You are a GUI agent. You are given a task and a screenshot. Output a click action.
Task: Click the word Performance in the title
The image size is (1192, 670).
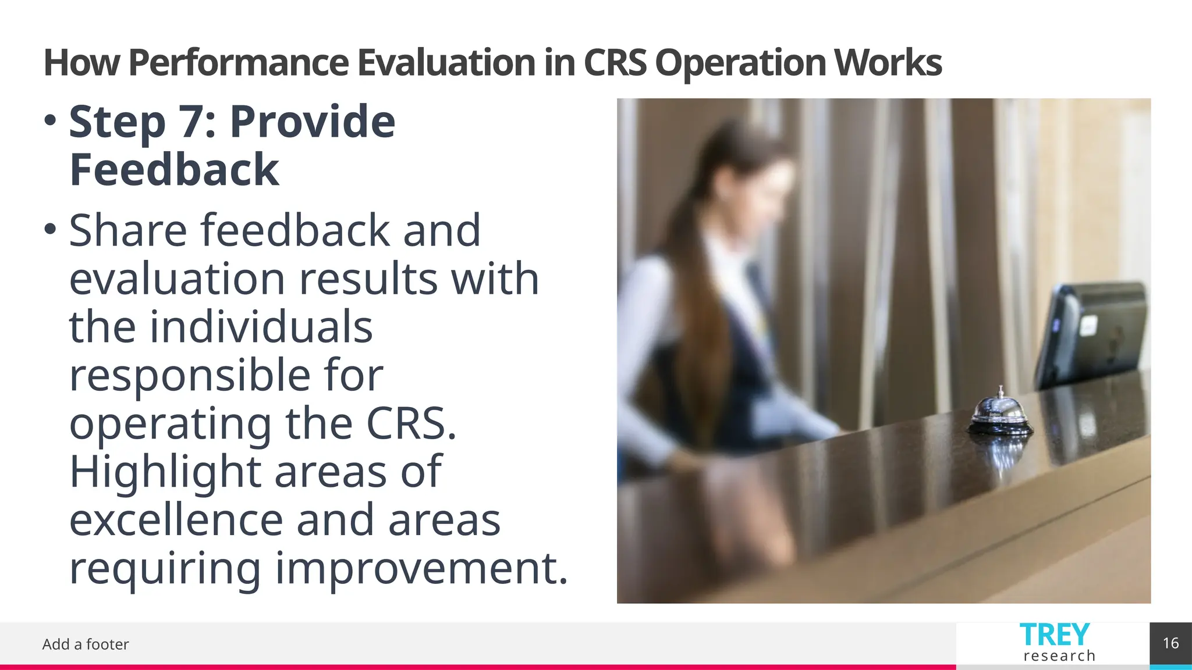[237, 63]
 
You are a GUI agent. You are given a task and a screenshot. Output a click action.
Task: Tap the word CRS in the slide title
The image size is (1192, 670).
[614, 63]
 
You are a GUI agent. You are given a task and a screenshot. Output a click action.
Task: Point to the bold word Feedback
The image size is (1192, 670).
[174, 170]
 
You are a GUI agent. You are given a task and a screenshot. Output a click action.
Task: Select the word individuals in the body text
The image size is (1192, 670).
[261, 327]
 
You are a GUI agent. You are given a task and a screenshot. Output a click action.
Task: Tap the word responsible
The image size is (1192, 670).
[190, 375]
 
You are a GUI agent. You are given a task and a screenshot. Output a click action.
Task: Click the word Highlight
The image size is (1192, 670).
[165, 472]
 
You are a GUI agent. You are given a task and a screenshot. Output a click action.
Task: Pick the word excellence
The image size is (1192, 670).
[176, 520]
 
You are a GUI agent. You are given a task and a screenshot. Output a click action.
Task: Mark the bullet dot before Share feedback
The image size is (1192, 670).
[50, 229]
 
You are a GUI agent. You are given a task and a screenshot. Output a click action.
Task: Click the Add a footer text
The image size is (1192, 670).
[86, 644]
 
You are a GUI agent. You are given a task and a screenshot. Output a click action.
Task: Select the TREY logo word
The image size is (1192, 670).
[1054, 635]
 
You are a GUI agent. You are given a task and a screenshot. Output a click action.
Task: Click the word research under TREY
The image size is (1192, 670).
[1059, 656]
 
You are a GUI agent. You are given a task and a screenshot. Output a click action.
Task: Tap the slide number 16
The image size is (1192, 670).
[1170, 643]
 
